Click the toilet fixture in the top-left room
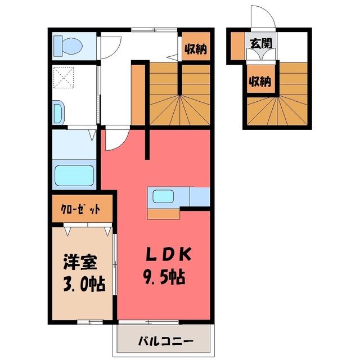(x=68, y=46)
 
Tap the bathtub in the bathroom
(x=74, y=175)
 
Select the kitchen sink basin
(x=163, y=196)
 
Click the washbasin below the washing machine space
(x=58, y=112)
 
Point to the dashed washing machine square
(x=64, y=78)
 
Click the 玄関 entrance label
(x=261, y=44)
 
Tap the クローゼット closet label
(x=80, y=209)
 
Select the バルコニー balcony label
(x=165, y=340)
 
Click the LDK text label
(x=169, y=254)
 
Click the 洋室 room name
(x=80, y=262)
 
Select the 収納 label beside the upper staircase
(x=196, y=49)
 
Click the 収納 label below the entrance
(x=260, y=81)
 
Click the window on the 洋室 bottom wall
(x=90, y=322)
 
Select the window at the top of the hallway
(x=154, y=30)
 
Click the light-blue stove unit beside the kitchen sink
(x=200, y=197)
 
